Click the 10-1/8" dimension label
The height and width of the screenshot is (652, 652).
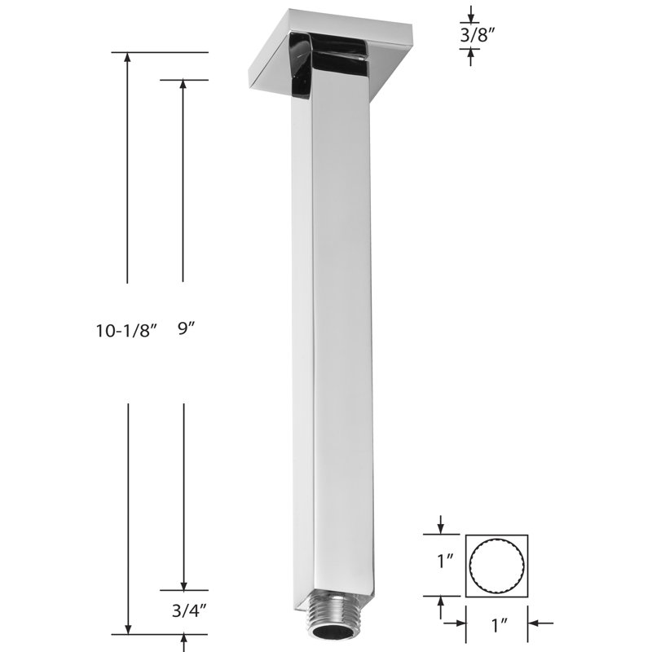pos(127,331)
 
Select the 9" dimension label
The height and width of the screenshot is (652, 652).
pos(187,329)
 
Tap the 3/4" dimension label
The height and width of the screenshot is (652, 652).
pos(189,610)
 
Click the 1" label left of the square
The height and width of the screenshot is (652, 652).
pos(445,562)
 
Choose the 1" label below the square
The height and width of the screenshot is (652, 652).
pos(500,625)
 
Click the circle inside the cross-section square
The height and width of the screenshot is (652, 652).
pos(496,566)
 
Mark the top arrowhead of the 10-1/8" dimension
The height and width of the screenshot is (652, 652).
pos(128,58)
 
